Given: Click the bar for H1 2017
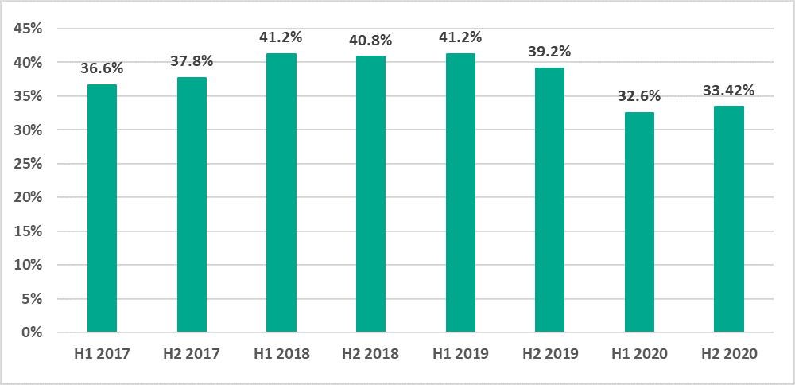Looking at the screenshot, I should (102, 208).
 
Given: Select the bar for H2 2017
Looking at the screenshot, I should (192, 204).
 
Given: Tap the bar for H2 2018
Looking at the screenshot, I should (370, 194).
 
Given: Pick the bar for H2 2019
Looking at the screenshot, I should (549, 200).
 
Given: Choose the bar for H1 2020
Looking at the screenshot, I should (639, 222).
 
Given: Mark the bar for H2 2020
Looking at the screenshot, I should (729, 219).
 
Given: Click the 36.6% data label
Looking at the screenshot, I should (102, 68).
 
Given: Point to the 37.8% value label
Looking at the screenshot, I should (192, 60).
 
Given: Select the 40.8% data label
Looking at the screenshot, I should (370, 39).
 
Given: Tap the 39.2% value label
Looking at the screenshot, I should (549, 51).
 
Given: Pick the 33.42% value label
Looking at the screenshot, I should (729, 90).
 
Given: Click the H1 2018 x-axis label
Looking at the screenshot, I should (281, 352).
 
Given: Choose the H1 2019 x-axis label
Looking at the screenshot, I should (460, 352).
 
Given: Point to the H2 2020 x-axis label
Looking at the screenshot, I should (729, 352).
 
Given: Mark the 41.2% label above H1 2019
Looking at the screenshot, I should (460, 37).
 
